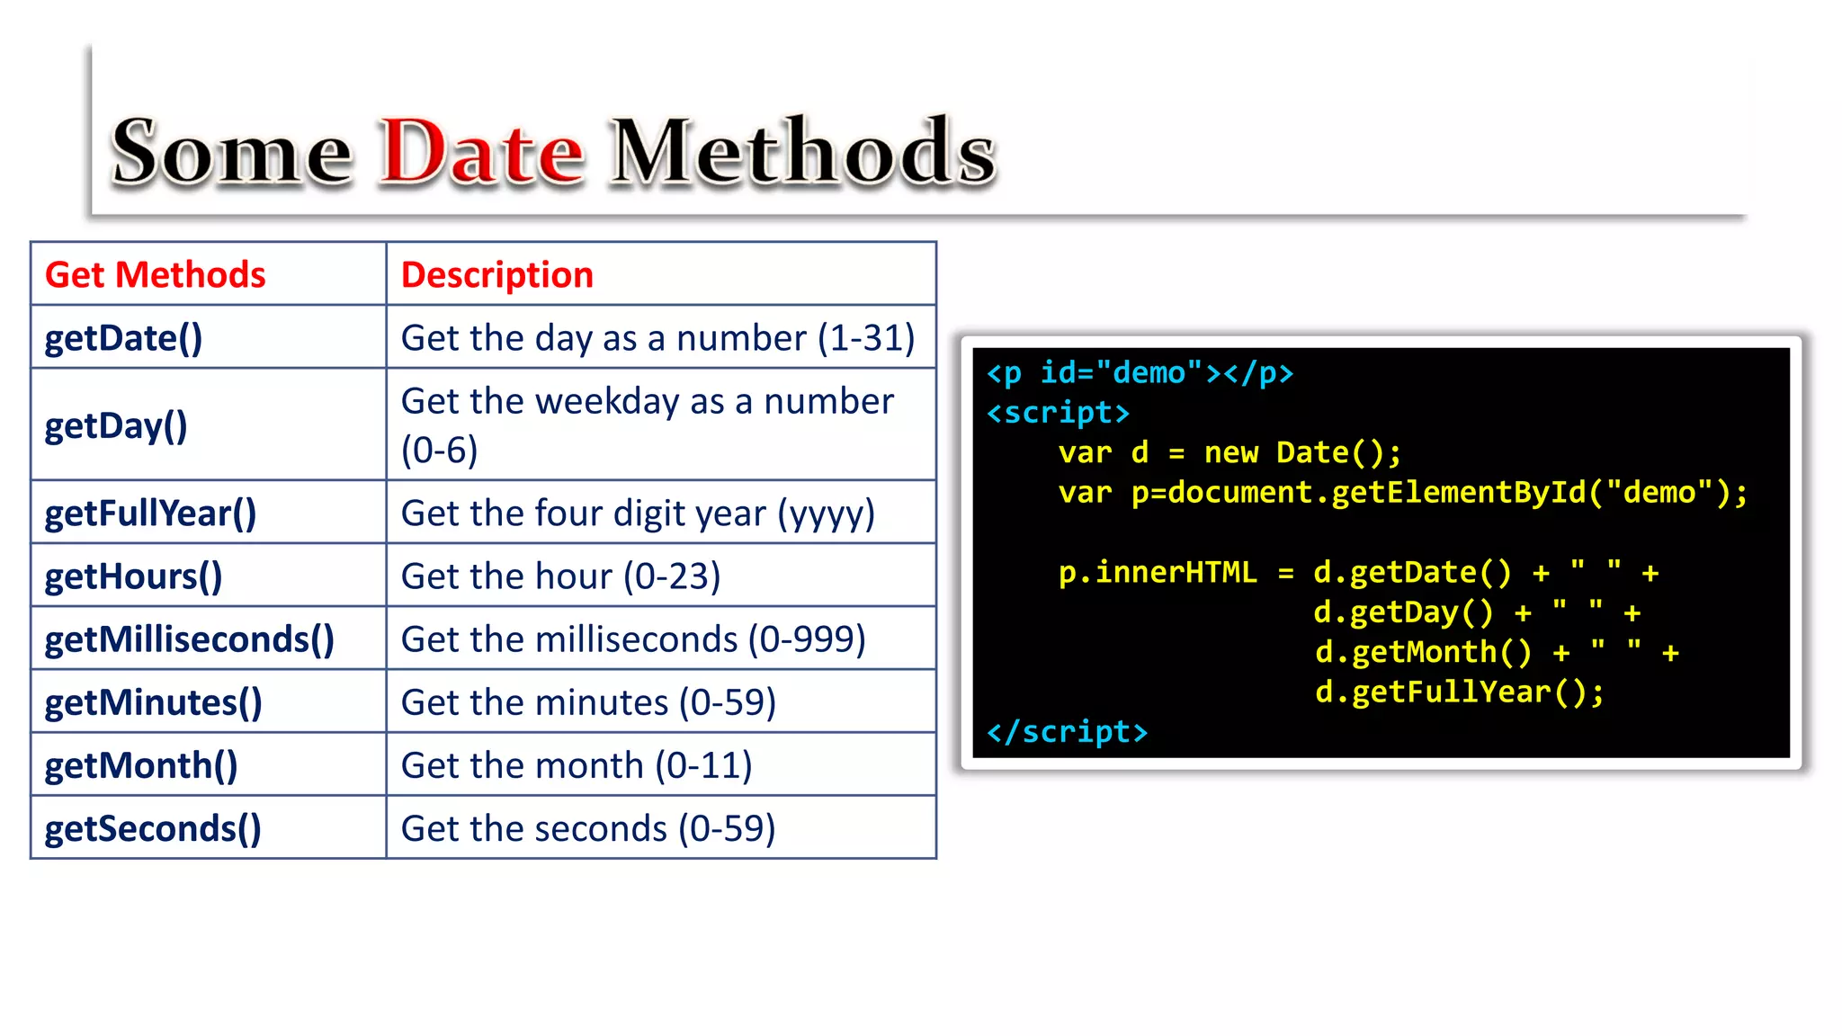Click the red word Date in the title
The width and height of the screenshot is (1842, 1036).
point(481,151)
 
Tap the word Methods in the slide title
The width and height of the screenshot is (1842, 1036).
point(802,151)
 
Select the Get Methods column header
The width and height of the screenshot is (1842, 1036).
point(155,274)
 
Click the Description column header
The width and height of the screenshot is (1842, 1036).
point(496,274)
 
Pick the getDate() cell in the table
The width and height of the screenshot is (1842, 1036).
point(123,338)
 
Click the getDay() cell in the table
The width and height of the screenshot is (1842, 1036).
point(116,425)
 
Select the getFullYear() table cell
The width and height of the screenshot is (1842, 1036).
point(150,514)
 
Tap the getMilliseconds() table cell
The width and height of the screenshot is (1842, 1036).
point(189,639)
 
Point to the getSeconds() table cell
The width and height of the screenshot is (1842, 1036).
point(153,828)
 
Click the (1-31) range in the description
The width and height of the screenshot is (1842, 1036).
point(865,338)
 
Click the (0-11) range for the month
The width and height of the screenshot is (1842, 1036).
point(702,765)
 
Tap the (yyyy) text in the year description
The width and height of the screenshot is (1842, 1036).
point(825,514)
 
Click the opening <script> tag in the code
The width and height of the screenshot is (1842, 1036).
point(1058,413)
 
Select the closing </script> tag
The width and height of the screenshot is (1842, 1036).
point(1067,732)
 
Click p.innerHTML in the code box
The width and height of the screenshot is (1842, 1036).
point(1157,573)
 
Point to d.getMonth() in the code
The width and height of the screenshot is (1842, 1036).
point(1423,652)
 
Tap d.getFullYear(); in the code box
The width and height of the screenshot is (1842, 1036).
point(1459,692)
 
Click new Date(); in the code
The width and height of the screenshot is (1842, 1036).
point(1302,452)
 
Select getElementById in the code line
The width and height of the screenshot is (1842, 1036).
point(1458,493)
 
